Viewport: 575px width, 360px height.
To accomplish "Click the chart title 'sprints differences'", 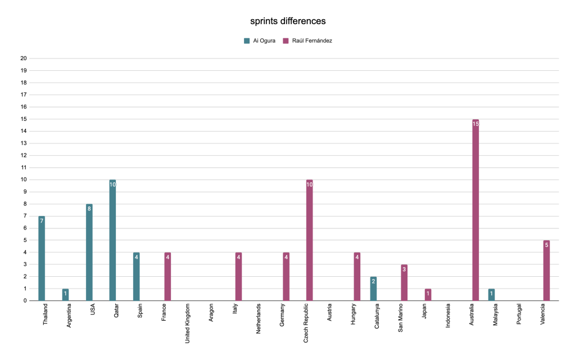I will click(288, 21).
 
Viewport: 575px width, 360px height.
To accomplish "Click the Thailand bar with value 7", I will click(42, 258).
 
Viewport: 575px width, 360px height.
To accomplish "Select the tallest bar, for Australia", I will click(476, 210).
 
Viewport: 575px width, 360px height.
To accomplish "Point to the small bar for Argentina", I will click(65, 295).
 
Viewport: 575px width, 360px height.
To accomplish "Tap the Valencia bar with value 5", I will click(546, 271).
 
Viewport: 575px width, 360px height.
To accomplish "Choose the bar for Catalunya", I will click(373, 289).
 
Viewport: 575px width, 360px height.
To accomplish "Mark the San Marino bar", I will click(404, 282).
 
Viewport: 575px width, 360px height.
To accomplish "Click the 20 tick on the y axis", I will click(23, 58).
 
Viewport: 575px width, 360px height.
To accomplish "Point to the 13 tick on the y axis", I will click(23, 143).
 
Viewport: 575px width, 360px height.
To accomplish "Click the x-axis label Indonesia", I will click(447, 317).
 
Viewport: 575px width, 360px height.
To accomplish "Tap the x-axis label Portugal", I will click(518, 316).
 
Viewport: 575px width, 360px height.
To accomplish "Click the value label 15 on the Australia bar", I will click(476, 124).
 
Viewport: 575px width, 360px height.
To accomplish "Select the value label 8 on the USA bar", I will click(89, 209).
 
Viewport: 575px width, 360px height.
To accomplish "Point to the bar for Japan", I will click(428, 295).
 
